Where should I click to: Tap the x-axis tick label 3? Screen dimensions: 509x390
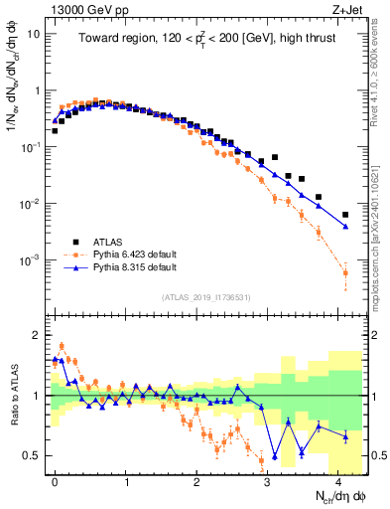tap(267, 479)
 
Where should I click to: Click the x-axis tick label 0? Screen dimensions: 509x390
tap(55, 479)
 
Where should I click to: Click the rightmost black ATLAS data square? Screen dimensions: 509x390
tap(345, 215)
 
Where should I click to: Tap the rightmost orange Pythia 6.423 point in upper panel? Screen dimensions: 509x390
tap(345, 272)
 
